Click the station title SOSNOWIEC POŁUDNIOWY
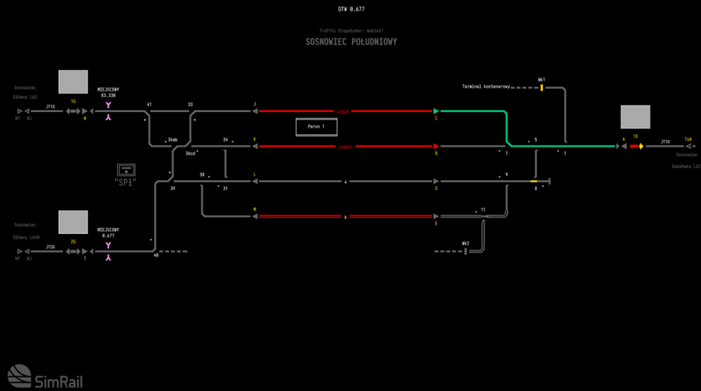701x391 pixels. coord(351,42)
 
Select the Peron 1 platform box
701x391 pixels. coord(315,127)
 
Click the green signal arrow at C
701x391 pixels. coord(436,111)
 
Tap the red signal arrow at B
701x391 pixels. coord(436,146)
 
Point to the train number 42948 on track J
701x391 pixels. coord(343,111)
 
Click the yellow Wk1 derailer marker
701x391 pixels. coord(541,88)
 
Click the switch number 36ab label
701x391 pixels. coord(172,140)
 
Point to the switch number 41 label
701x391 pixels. coord(149,104)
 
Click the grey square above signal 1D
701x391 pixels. coord(635,117)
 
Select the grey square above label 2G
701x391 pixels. coord(73,223)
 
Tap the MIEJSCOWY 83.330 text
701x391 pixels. coord(108,92)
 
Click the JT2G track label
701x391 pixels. coord(50,247)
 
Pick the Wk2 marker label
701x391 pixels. coord(465,243)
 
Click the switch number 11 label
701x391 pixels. coord(483,209)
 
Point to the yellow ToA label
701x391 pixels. coord(688,139)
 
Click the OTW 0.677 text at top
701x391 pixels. coord(351,9)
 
